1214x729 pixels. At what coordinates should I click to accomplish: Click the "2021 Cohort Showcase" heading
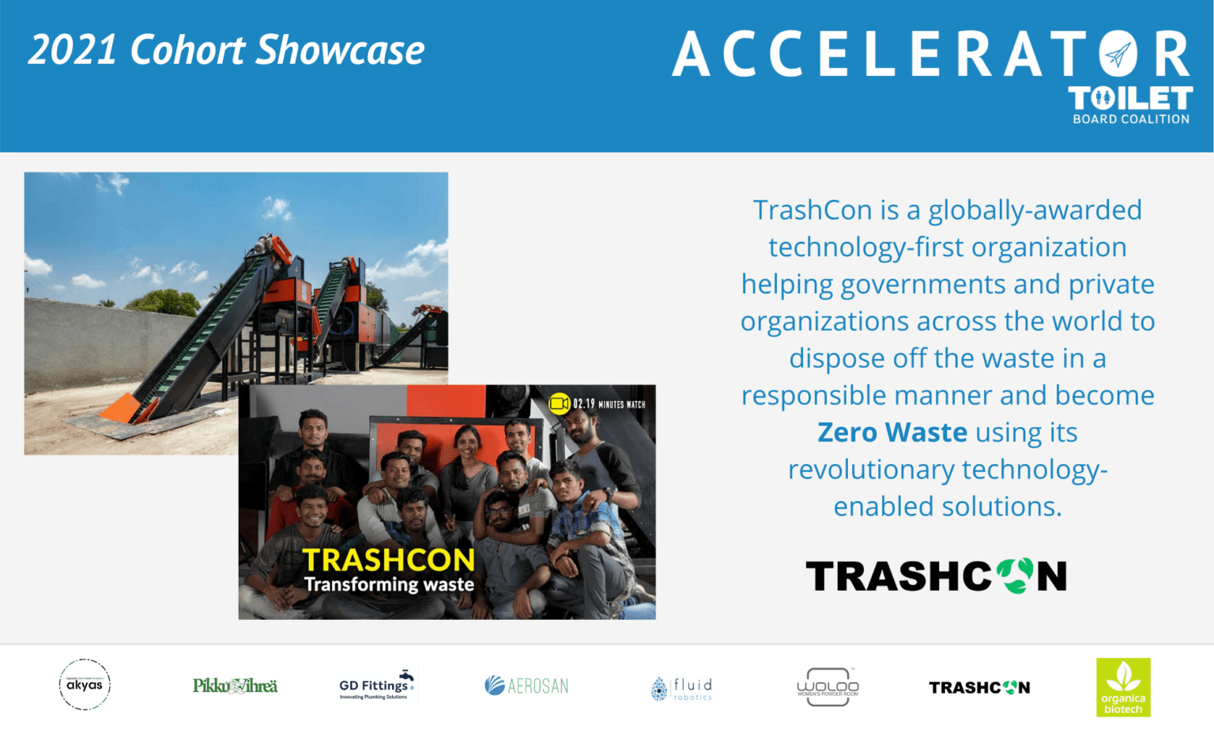point(226,51)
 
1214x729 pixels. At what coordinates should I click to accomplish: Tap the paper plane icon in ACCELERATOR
point(1118,55)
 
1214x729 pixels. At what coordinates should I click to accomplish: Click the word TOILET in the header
point(1130,99)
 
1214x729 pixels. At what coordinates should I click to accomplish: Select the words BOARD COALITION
point(1130,119)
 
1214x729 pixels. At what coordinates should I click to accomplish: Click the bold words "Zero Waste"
point(892,432)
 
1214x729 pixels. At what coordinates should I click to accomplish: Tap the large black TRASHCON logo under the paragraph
point(936,576)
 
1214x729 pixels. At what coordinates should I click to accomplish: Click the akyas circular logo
point(85,685)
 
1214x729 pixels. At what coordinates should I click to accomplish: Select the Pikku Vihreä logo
point(235,686)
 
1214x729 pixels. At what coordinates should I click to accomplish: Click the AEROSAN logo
point(526,686)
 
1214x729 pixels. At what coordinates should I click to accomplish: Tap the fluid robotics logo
point(681,688)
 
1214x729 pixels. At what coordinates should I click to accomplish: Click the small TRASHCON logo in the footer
point(979,688)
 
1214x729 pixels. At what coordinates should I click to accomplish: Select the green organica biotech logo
point(1123,687)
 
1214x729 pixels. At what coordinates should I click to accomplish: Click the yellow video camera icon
point(560,404)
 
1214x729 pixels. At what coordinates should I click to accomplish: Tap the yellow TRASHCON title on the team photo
point(388,560)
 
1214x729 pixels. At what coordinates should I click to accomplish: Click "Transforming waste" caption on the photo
point(389,584)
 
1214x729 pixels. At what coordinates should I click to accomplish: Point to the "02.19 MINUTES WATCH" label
point(609,404)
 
